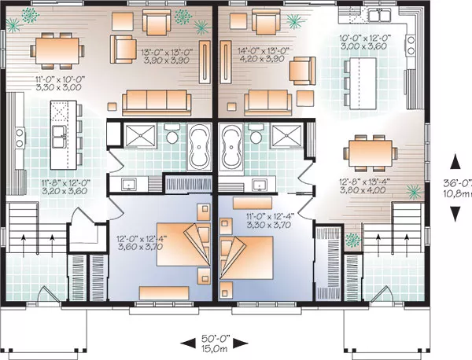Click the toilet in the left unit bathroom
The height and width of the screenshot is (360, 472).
172,134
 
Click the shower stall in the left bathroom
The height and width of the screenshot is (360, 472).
141,136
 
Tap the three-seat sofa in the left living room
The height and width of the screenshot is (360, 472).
157,102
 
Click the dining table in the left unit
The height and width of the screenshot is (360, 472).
57,51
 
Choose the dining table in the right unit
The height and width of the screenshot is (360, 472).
371,153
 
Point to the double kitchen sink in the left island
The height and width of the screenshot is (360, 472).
60,136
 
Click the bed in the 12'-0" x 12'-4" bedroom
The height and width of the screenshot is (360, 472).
183,244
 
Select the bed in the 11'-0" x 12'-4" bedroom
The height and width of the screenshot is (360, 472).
246,258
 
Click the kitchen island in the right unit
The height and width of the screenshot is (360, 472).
363,83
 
